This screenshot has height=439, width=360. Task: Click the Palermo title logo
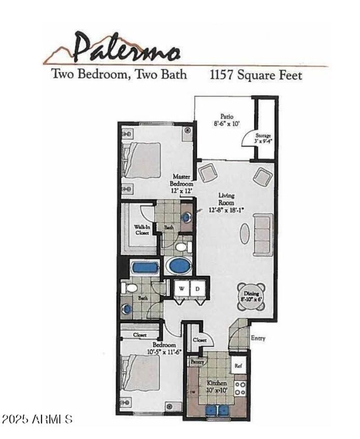click(126, 49)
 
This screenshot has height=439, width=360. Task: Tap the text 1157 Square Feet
click(256, 75)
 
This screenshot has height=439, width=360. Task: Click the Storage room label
click(263, 138)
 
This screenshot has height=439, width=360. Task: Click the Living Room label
click(226, 202)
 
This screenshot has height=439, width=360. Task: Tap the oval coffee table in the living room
click(244, 234)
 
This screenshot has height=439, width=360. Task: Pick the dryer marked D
click(197, 289)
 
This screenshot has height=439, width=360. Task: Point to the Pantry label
click(197, 362)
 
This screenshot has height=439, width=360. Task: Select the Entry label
click(258, 338)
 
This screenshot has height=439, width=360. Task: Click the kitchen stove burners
click(240, 388)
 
